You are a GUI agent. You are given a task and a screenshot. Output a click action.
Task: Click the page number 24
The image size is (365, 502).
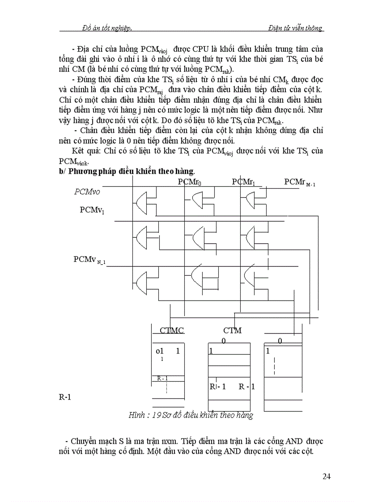[x=327, y=477]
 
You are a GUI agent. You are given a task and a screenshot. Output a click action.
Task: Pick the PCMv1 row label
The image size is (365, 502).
[x=93, y=210]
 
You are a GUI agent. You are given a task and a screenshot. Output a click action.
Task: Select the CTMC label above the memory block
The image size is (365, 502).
[x=172, y=330]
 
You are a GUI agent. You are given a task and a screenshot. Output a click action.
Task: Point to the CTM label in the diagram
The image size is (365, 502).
[x=232, y=330]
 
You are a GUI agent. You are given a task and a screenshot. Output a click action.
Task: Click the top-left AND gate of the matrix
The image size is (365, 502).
[x=143, y=203]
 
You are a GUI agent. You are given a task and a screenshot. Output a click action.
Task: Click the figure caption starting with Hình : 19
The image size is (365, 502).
[x=191, y=415]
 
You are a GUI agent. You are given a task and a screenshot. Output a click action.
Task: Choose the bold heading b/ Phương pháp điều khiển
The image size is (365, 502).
[x=127, y=171]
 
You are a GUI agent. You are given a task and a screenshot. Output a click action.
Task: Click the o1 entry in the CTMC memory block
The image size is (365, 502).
[x=160, y=351]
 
